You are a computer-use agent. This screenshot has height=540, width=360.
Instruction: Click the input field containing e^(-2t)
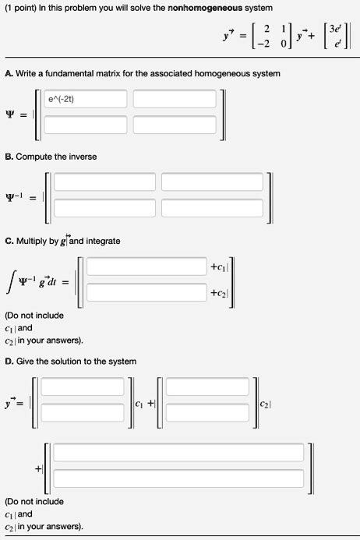point(86,99)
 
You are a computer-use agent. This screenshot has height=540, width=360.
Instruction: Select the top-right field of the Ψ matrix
point(171,99)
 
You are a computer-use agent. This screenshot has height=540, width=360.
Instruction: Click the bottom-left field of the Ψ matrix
point(86,125)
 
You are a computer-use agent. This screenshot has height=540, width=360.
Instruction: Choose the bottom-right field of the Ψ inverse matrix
point(211,207)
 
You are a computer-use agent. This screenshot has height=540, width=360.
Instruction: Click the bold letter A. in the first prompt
point(8,73)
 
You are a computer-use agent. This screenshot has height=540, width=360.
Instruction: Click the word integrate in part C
point(103,241)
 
